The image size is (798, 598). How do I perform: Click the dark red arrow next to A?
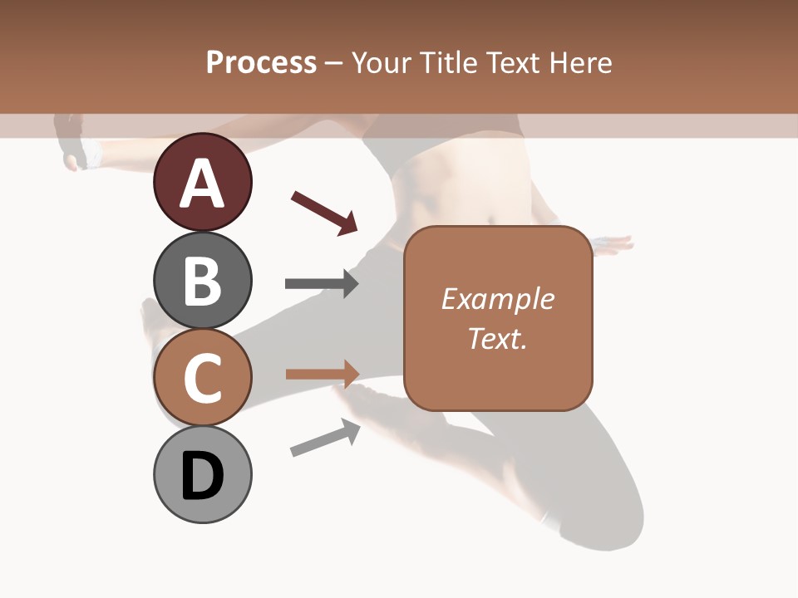[x=324, y=213]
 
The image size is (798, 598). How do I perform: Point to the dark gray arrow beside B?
[x=322, y=283]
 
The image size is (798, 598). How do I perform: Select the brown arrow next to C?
[x=322, y=374]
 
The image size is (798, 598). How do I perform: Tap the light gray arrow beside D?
[x=325, y=438]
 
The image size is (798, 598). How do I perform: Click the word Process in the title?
[x=261, y=62]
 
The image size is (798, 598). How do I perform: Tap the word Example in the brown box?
[x=498, y=299]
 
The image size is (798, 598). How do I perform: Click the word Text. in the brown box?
[x=498, y=338]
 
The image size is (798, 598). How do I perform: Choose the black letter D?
[x=202, y=477]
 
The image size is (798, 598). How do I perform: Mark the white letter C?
[x=202, y=379]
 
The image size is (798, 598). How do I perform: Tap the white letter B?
[x=202, y=281]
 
